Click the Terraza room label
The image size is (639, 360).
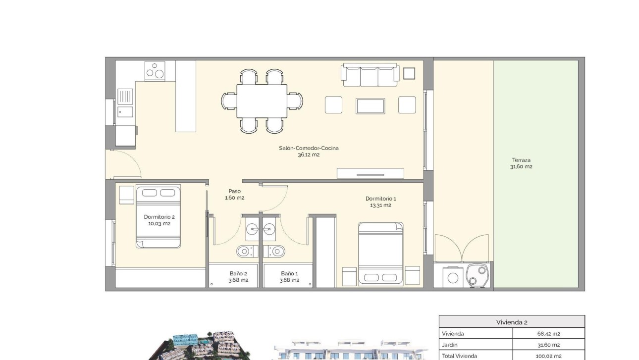tap(521, 163)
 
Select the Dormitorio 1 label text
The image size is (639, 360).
tap(380, 202)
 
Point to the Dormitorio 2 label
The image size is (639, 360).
tap(159, 220)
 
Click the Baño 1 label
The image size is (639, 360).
tap(290, 276)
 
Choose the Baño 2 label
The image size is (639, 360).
tap(238, 276)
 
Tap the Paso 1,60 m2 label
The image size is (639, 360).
tap(234, 194)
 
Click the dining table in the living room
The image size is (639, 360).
tap(262, 101)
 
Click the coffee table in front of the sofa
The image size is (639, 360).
tap(370, 106)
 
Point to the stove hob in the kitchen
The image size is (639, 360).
tap(155, 71)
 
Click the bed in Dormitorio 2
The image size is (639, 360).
tap(159, 217)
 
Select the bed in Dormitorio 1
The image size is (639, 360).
tap(380, 254)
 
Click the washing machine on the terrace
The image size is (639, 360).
tap(453, 277)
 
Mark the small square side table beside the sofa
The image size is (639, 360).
tap(409, 73)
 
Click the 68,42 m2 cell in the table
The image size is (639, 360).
tap(548, 334)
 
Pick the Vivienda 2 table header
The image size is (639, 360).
tap(512, 322)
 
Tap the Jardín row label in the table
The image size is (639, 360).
tap(450, 345)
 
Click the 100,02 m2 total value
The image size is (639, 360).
tap(548, 356)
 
